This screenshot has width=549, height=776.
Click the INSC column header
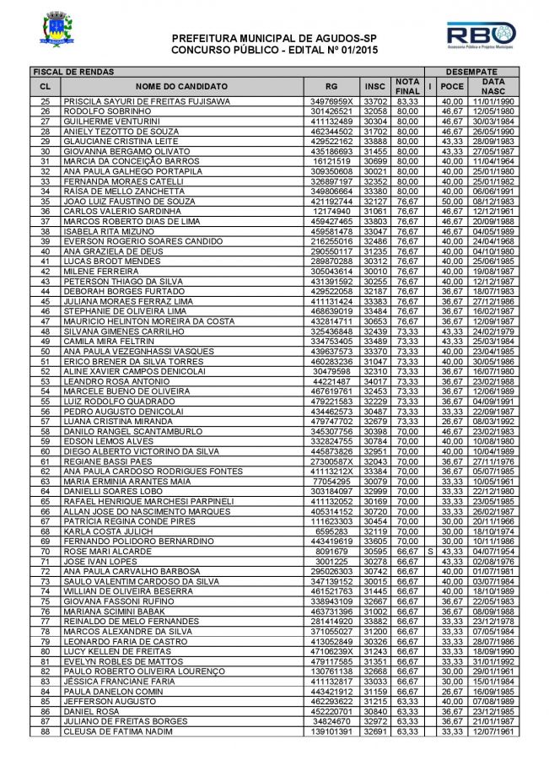pos(375,86)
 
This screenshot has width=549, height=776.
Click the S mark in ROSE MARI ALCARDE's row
pos(430,551)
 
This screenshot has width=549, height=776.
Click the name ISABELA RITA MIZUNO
pos(103,230)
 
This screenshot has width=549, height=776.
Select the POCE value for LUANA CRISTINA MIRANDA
pos(453,423)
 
